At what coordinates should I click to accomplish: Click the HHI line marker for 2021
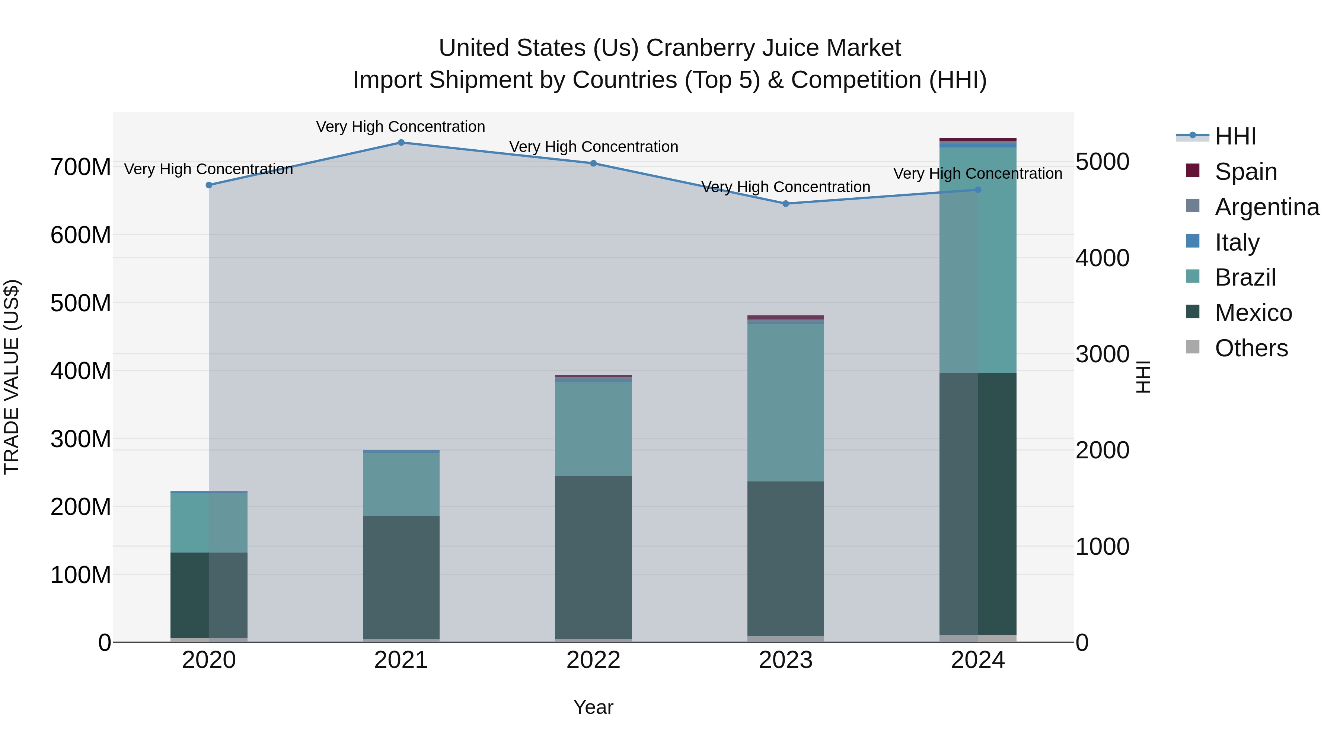(x=401, y=143)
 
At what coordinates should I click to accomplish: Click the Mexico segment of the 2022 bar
(x=593, y=557)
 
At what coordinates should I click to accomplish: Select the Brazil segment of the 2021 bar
(x=401, y=484)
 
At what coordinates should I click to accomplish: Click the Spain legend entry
(x=1245, y=172)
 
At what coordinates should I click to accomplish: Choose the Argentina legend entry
(x=1266, y=207)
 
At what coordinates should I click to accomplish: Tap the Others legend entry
(x=1251, y=348)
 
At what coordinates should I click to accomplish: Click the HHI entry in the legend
(x=1235, y=136)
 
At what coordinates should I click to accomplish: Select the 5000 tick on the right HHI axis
(x=1102, y=162)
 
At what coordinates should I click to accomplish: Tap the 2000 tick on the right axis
(x=1102, y=450)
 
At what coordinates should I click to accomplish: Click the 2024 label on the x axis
(x=977, y=660)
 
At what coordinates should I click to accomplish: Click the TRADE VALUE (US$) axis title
(x=12, y=377)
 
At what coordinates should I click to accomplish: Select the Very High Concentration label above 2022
(x=593, y=147)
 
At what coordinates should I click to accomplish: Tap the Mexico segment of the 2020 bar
(x=209, y=595)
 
